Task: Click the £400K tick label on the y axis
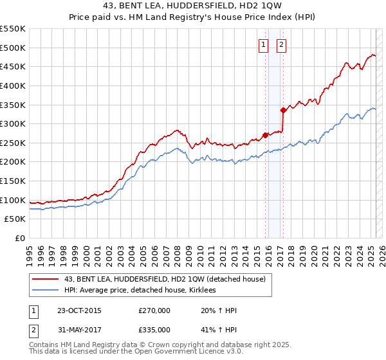pos(13,85)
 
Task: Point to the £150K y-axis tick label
pos(13,181)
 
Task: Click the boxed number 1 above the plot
pos(264,44)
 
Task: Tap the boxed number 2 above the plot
pos(282,44)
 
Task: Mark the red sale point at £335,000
pos(283,110)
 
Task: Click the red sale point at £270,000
pos(266,135)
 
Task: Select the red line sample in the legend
pos(46,279)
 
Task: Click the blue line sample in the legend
pos(46,291)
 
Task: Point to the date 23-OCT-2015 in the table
pos(79,310)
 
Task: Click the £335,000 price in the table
pos(154,329)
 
